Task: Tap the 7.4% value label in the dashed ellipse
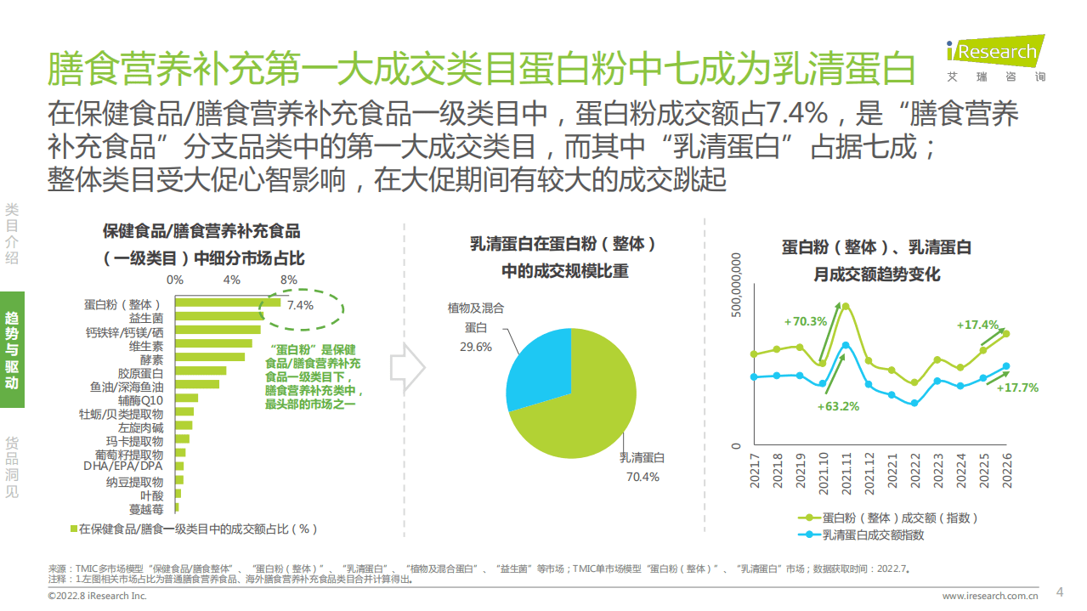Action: (x=300, y=305)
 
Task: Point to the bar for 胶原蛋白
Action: (x=200, y=371)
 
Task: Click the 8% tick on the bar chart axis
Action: (x=289, y=280)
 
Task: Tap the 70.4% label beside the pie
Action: (x=643, y=477)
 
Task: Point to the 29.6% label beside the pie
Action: (x=477, y=347)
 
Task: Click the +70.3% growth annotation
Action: (x=805, y=321)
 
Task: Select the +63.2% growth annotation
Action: (x=838, y=406)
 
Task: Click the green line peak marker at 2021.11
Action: (x=846, y=307)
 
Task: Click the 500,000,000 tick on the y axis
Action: (x=737, y=285)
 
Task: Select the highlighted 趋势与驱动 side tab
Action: (x=12, y=349)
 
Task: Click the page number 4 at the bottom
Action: (x=1059, y=591)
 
